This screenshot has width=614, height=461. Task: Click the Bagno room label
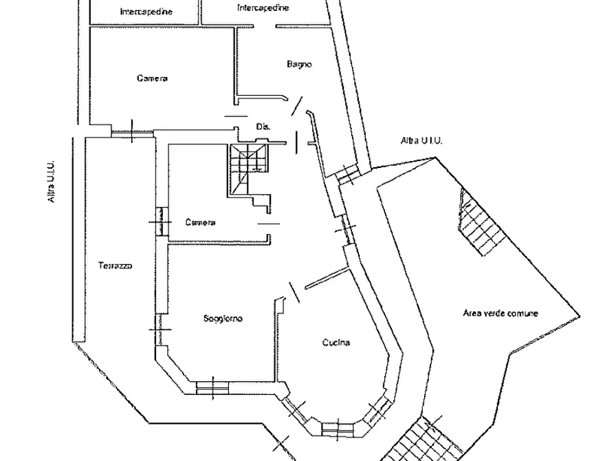pyautogui.click(x=299, y=64)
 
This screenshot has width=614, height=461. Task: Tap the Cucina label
pyautogui.click(x=336, y=343)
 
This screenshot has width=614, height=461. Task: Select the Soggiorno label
pyautogui.click(x=223, y=319)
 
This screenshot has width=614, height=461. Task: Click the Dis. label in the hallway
pyautogui.click(x=263, y=127)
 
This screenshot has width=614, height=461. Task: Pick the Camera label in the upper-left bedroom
pyautogui.click(x=153, y=78)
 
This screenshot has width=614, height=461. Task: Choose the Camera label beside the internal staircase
pyautogui.click(x=200, y=222)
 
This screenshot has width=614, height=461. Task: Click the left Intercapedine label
pyautogui.click(x=146, y=12)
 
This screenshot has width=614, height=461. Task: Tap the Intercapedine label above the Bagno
pyautogui.click(x=263, y=8)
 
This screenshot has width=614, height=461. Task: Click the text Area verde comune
pyautogui.click(x=501, y=313)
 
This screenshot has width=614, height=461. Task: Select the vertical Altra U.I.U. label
pyautogui.click(x=51, y=182)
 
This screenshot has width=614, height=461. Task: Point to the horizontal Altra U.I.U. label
pyautogui.click(x=421, y=140)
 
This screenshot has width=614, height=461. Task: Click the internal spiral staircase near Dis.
pyautogui.click(x=248, y=169)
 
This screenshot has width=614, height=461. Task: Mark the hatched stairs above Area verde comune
pyautogui.click(x=481, y=222)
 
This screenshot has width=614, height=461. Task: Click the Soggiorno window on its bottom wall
pyautogui.click(x=212, y=387)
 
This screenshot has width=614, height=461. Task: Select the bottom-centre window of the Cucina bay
pyautogui.click(x=338, y=429)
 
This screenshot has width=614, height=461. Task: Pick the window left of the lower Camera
pyautogui.click(x=161, y=222)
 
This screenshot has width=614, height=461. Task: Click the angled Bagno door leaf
pyautogui.click(x=297, y=106)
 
